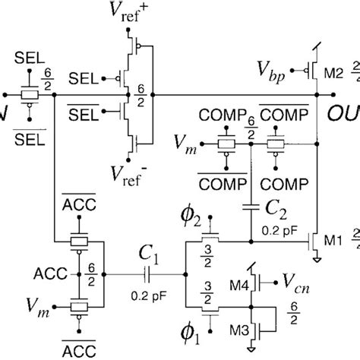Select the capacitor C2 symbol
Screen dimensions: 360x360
click(250, 207)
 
